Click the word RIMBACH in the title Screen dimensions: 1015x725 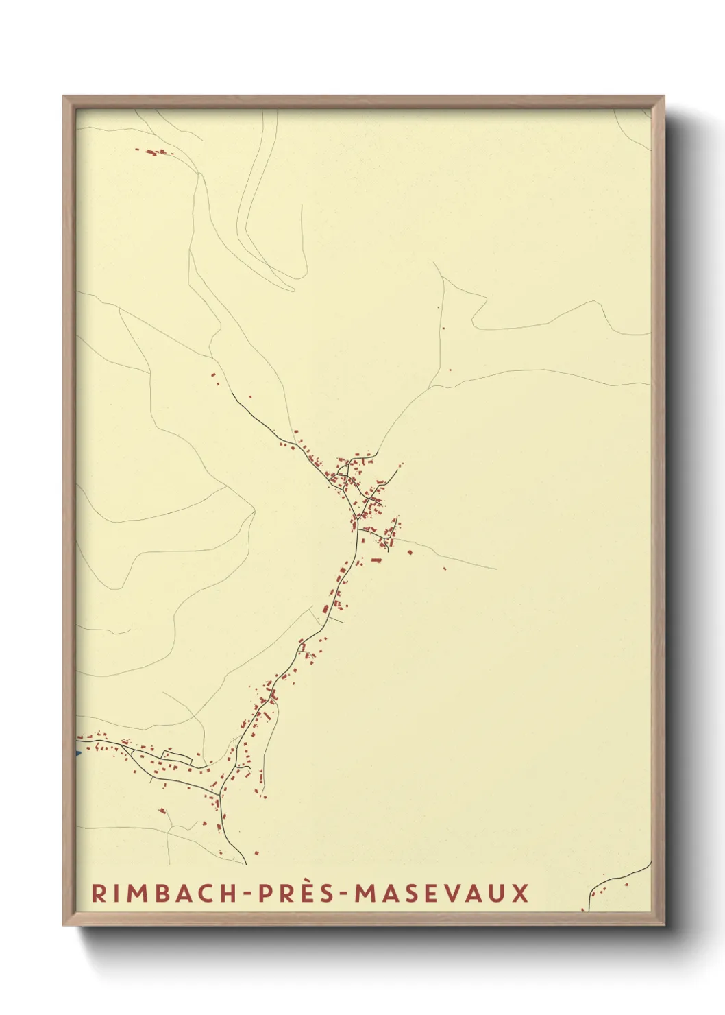(x=162, y=893)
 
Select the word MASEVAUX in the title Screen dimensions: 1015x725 (x=443, y=893)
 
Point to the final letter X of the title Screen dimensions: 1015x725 (x=521, y=893)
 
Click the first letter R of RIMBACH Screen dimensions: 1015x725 (x=99, y=893)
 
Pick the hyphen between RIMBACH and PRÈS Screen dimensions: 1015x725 (x=243, y=894)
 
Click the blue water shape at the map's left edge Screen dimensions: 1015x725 (x=79, y=753)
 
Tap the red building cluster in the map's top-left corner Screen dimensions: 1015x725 (x=154, y=152)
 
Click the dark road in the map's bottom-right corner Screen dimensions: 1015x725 (x=620, y=879)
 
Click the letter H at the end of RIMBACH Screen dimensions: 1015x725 (x=226, y=893)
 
